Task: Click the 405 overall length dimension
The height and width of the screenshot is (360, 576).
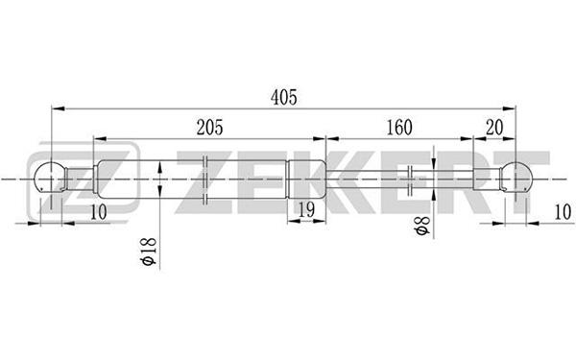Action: (x=283, y=97)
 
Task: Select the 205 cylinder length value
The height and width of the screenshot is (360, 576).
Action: (x=209, y=128)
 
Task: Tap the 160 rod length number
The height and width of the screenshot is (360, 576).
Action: (x=399, y=128)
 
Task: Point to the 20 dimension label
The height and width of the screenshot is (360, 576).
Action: (x=494, y=128)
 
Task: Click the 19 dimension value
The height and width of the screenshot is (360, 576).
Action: (x=306, y=209)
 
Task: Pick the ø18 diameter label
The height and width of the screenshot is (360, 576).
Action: (x=149, y=252)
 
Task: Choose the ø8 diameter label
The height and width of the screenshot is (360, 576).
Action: (x=421, y=226)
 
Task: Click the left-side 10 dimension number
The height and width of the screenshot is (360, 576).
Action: (x=99, y=212)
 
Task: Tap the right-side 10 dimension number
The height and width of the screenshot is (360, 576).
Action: (x=563, y=212)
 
